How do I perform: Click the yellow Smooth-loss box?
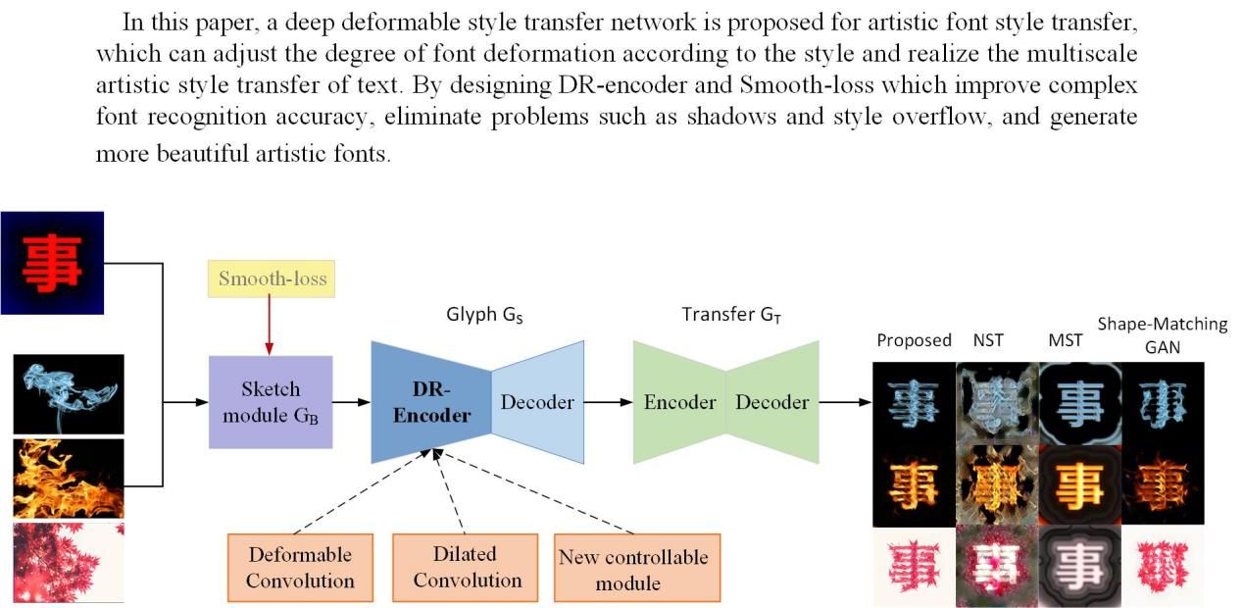click(272, 279)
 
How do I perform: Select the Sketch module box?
click(271, 402)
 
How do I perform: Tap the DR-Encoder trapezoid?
click(431, 402)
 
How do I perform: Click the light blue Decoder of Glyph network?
click(537, 402)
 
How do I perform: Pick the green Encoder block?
click(679, 402)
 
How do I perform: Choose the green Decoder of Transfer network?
click(772, 402)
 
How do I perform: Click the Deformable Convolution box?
click(300, 567)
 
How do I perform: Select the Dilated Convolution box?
click(466, 567)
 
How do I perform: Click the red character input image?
click(52, 263)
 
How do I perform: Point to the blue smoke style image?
click(69, 393)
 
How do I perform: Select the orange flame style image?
click(69, 478)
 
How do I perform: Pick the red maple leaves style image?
click(69, 562)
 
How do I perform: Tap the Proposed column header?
click(914, 340)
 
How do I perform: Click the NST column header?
click(988, 340)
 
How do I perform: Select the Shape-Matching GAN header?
click(1162, 333)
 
